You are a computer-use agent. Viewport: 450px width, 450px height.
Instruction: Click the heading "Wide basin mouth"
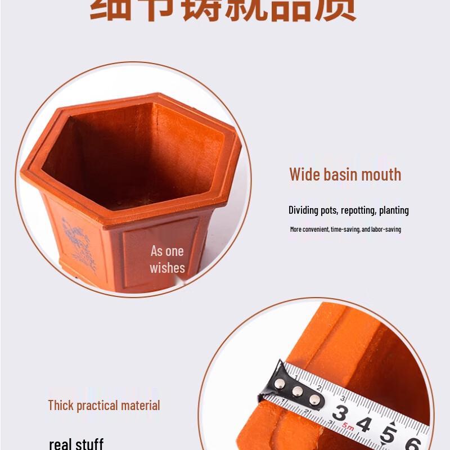345,174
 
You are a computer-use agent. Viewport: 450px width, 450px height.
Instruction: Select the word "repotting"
358,210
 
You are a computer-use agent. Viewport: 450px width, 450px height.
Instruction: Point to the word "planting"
394,210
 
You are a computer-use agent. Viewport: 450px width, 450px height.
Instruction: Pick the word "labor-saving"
386,229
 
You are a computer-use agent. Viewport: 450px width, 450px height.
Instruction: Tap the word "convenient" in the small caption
317,229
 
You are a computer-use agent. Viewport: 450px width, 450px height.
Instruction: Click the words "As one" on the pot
167,251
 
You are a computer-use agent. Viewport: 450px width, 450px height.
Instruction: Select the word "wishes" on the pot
167,268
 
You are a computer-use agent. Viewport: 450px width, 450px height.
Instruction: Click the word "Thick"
60,405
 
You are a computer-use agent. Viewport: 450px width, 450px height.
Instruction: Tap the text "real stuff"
76,444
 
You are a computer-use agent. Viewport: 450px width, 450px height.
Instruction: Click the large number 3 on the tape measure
339,413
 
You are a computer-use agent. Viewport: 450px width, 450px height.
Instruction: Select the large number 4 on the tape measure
363,424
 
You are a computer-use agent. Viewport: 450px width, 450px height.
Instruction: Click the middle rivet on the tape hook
298,391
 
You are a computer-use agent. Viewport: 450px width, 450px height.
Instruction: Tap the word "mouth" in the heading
381,174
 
